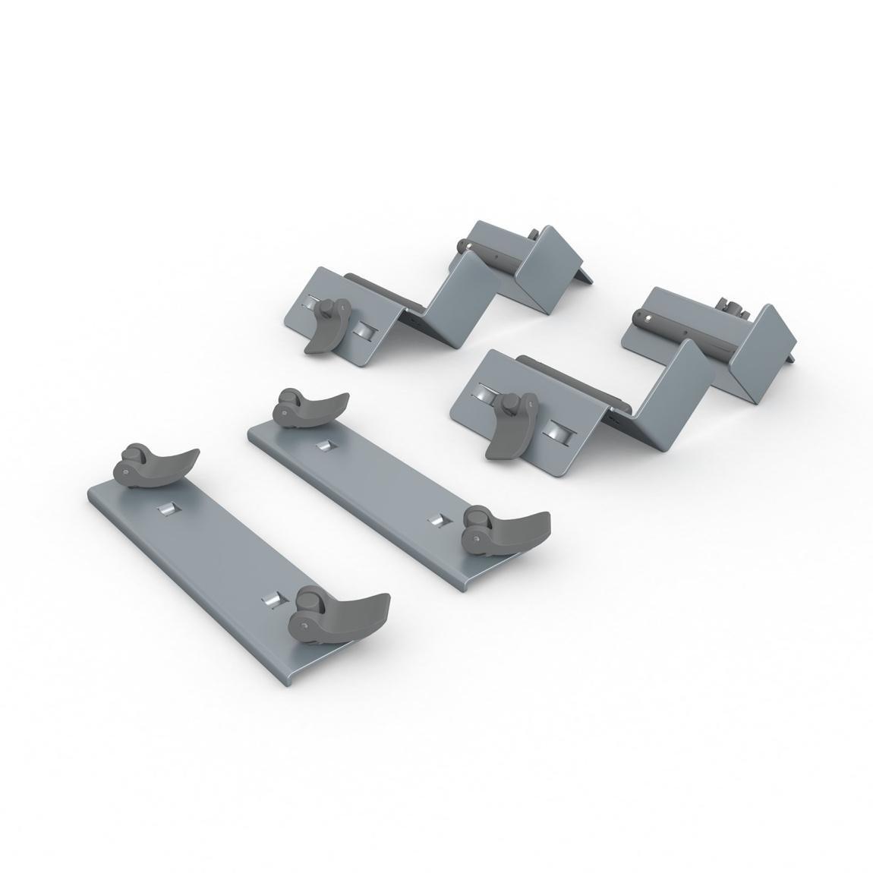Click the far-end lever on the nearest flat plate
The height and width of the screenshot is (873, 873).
coord(156,464)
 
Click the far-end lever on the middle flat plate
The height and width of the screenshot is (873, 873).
coord(312,407)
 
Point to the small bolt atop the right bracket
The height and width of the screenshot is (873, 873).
coord(730,308)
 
